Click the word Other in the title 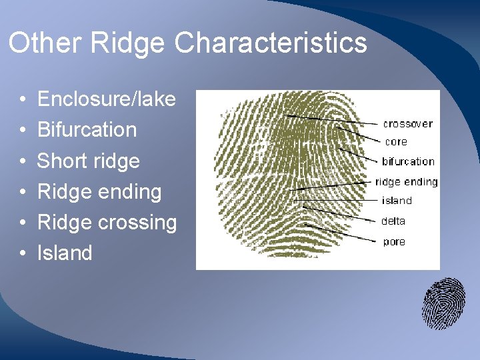pos(44,43)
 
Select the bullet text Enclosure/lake pos(106,100)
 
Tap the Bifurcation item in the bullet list pos(87,130)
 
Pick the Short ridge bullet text pos(88,161)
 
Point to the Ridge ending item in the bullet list pos(99,192)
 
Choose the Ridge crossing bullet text pos(107,223)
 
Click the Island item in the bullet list pos(65,253)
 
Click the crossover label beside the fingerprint pos(407,124)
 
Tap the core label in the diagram pos(396,142)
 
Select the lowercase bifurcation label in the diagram pos(408,162)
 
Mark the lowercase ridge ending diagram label pos(407,182)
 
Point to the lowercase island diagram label pos(397,201)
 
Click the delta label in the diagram pos(394,221)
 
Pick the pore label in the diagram pos(394,242)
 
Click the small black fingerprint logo pos(443,303)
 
